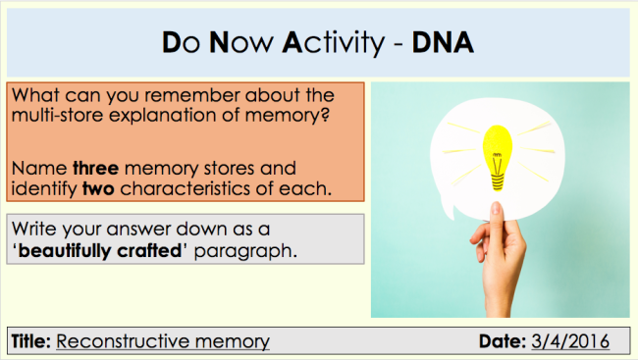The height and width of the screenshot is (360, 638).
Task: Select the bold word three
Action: click(95, 169)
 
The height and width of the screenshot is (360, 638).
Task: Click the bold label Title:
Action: click(31, 341)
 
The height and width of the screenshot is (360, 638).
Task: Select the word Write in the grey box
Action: click(35, 231)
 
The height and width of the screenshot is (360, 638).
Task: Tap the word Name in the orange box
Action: click(39, 169)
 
